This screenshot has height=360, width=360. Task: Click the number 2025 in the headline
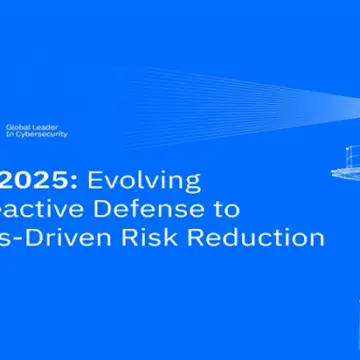[39, 181]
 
